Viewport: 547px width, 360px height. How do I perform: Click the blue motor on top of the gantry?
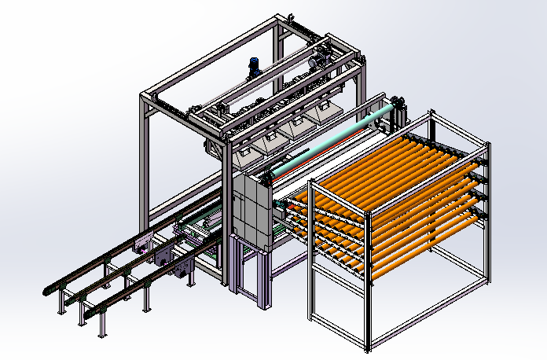tap(254, 66)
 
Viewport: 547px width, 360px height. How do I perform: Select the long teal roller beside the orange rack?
tap(330, 138)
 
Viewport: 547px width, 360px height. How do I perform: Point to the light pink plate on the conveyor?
tap(141, 244)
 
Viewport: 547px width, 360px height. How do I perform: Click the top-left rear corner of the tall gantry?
tap(142, 96)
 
